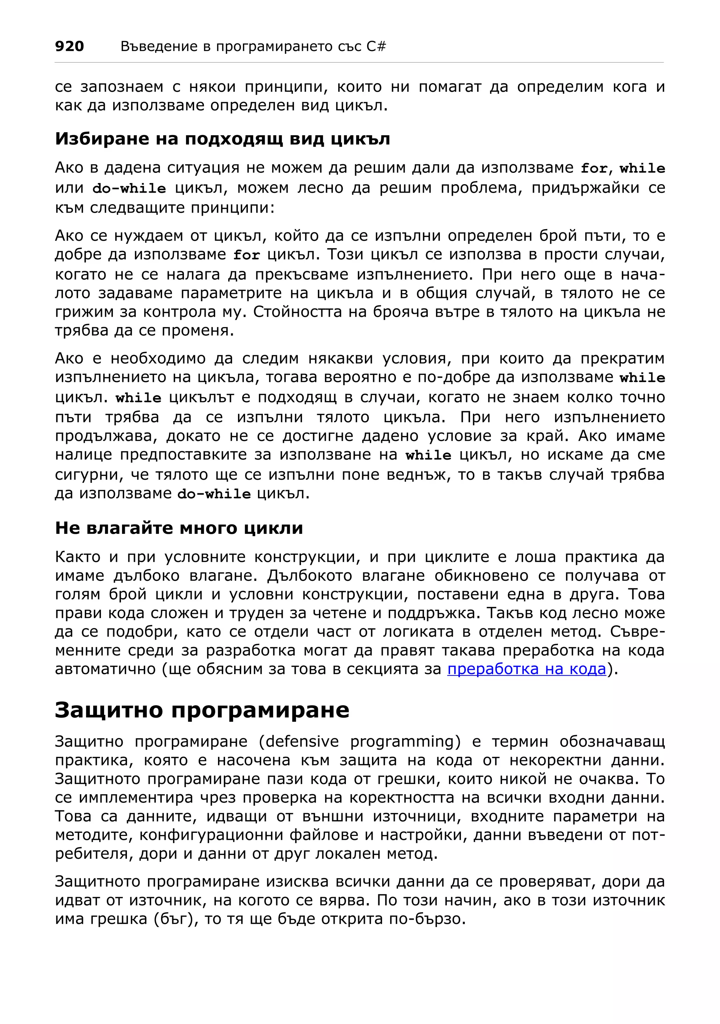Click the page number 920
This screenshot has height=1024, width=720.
[x=69, y=46]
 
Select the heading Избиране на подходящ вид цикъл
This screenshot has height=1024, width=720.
[x=222, y=139]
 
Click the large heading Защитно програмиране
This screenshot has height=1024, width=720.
[x=202, y=709]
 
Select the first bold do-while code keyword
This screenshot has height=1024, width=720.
[x=129, y=188]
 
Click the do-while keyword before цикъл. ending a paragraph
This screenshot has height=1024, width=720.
[x=214, y=494]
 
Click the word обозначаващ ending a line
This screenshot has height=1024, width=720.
[x=612, y=741]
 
